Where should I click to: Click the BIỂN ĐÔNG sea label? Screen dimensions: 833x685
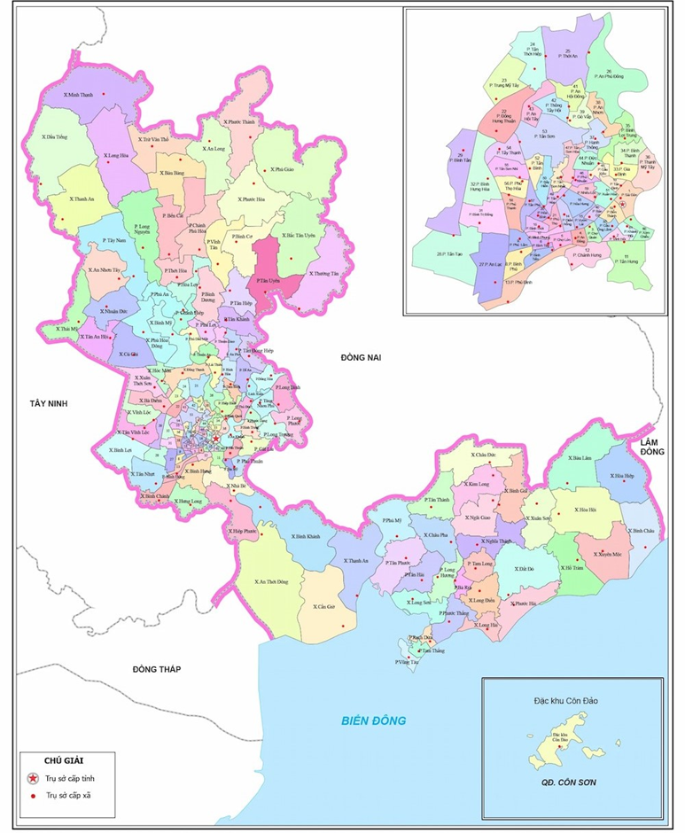(x=375, y=720)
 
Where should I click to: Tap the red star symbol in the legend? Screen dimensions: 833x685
(x=34, y=778)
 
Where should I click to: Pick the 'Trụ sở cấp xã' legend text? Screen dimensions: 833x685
(x=68, y=796)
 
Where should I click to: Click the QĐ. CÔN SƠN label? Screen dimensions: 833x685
(x=572, y=783)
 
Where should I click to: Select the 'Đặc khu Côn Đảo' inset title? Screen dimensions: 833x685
(x=572, y=700)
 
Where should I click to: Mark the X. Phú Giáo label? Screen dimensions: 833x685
(x=283, y=168)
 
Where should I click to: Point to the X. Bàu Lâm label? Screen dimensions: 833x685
(x=581, y=458)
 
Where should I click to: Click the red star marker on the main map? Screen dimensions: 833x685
(x=215, y=438)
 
